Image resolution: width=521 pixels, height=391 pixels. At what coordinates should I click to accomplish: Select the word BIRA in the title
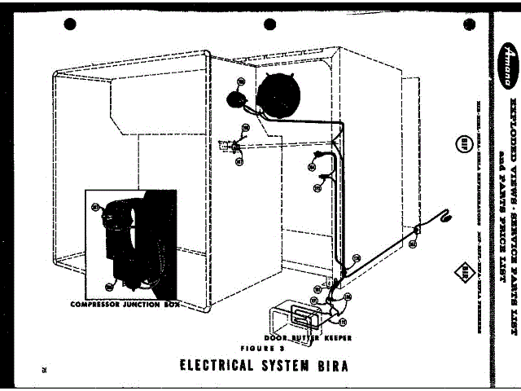click(x=333, y=364)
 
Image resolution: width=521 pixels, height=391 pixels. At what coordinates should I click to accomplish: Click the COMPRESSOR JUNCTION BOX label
click(x=125, y=304)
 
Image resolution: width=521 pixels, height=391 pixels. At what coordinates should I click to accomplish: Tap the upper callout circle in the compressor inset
click(x=96, y=207)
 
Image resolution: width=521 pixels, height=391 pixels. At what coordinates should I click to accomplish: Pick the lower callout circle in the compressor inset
click(x=110, y=286)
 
